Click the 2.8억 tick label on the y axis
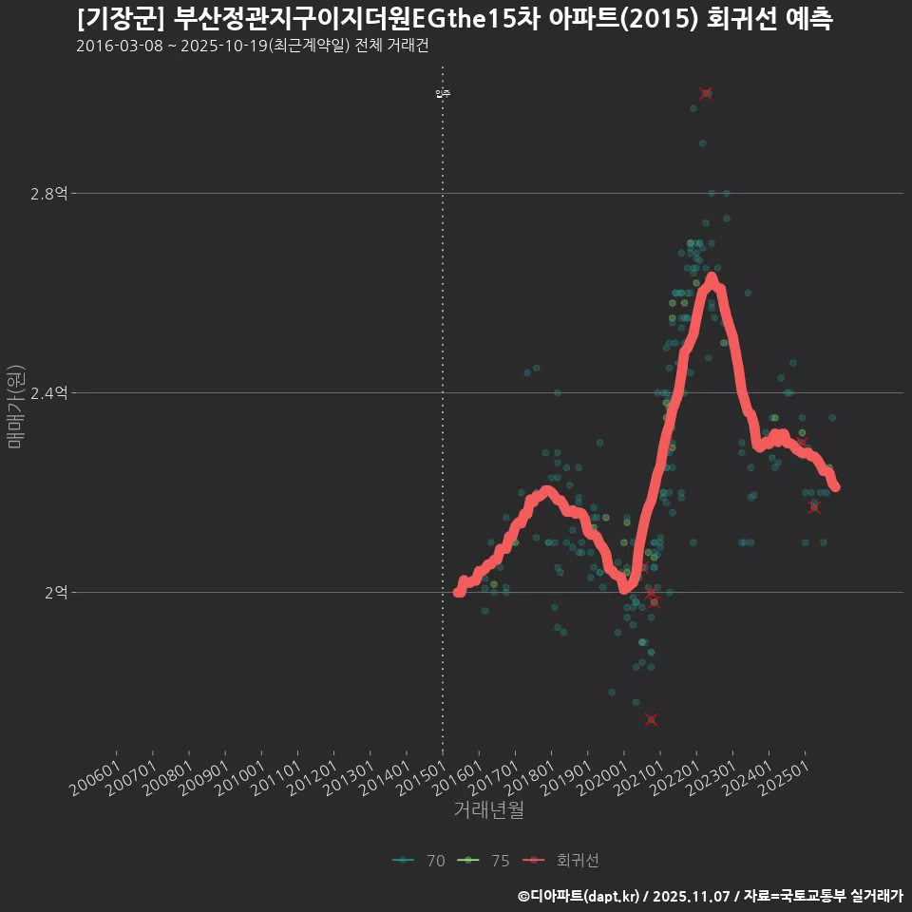[49, 194]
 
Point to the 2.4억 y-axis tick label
[49, 393]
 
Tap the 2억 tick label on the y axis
[55, 593]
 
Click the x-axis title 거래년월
[488, 810]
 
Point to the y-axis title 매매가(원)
[15, 406]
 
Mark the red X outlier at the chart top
[705, 93]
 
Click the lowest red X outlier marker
[651, 719]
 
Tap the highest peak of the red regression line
[711, 279]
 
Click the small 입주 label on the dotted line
[443, 93]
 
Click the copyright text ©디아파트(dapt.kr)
[579, 896]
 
